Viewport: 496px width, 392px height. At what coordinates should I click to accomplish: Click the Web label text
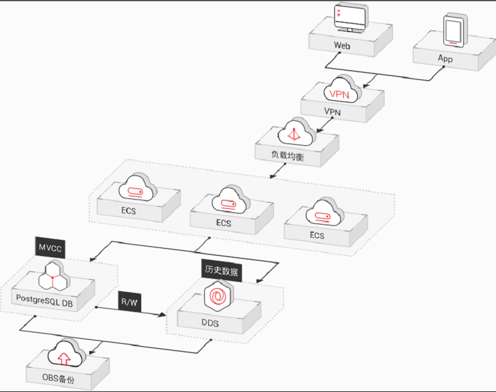point(342,45)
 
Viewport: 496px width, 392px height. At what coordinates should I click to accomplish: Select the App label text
point(445,58)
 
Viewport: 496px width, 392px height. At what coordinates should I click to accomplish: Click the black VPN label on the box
point(332,111)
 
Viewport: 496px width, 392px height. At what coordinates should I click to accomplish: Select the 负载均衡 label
point(287,157)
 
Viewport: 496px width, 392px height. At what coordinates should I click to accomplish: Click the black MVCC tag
point(50,248)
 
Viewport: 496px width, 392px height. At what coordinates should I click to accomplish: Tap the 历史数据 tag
point(221,271)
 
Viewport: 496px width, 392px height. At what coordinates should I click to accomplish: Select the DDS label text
point(211,322)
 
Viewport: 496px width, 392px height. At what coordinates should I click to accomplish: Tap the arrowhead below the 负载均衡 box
point(273,176)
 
